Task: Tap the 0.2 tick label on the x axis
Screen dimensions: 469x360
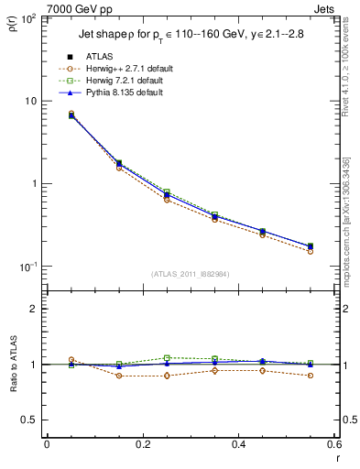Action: pyautogui.click(x=142, y=444)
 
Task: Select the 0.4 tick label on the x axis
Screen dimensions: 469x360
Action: pyautogui.click(x=238, y=444)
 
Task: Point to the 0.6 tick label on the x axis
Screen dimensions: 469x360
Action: pyautogui.click(x=333, y=444)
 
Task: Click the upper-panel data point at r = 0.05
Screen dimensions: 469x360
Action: pyautogui.click(x=71, y=115)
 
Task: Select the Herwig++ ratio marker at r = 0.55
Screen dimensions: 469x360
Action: pyautogui.click(x=311, y=376)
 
